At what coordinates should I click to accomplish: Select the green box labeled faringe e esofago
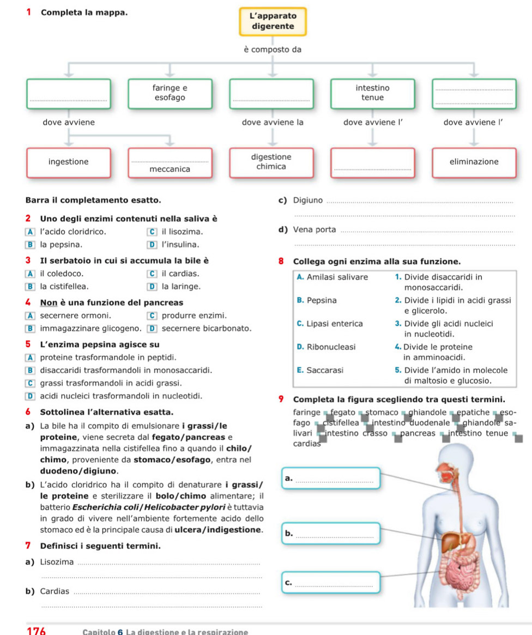click(170, 93)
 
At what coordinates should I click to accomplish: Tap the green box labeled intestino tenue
click(373, 93)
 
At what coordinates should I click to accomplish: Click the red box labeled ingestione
click(69, 162)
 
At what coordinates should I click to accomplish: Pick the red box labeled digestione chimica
click(271, 162)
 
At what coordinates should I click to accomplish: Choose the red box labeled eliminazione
click(474, 162)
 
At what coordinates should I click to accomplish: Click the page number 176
click(36, 631)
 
